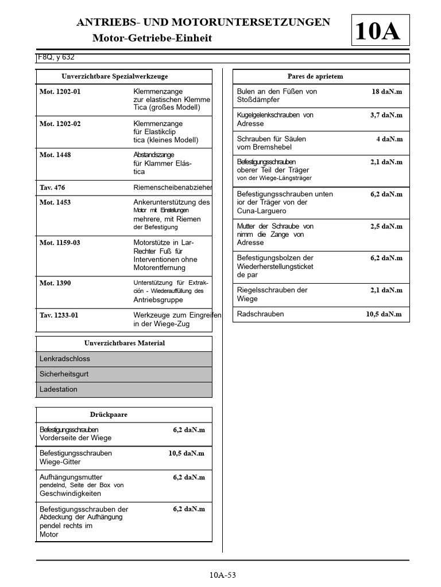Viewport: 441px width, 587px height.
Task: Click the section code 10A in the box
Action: tap(378, 32)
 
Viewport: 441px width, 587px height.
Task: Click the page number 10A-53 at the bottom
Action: tap(223, 575)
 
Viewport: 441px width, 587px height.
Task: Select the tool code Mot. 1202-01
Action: tap(60, 92)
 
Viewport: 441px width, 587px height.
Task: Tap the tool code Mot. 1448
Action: tap(55, 155)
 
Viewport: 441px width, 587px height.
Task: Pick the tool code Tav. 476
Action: tap(52, 187)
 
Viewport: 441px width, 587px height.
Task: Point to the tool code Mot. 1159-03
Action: tap(60, 243)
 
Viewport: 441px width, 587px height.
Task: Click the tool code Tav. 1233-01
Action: tap(59, 315)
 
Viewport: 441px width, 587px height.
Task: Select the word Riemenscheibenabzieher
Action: tap(172, 187)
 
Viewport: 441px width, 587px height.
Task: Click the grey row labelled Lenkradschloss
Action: tap(124, 359)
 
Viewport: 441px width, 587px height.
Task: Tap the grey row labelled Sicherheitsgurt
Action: tap(124, 374)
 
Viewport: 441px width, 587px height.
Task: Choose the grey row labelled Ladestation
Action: tap(124, 390)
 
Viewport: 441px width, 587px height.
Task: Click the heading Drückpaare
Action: tap(109, 415)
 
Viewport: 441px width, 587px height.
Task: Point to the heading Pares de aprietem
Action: tap(315, 77)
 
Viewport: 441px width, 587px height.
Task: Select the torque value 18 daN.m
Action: tap(387, 92)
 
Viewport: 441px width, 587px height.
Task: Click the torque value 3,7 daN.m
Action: tap(386, 115)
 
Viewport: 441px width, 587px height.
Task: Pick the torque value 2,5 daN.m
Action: tap(386, 226)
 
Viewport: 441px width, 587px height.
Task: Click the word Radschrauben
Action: tap(260, 314)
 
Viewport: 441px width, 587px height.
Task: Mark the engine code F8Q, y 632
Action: tap(56, 58)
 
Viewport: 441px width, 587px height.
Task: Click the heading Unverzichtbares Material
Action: tap(124, 343)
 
